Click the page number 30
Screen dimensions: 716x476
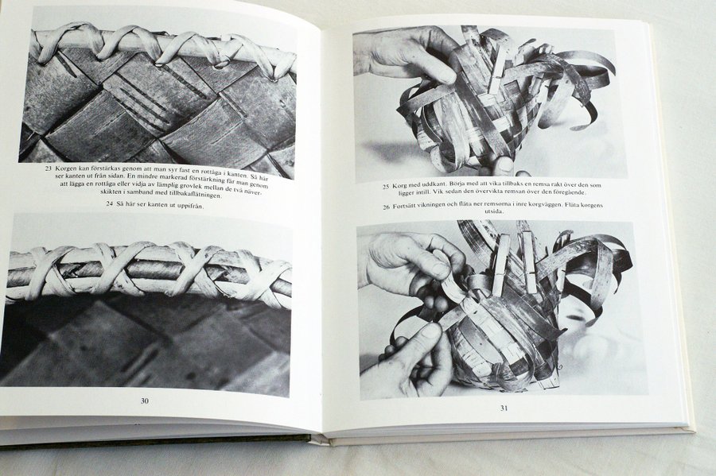click(x=144, y=401)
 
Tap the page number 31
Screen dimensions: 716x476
click(x=504, y=408)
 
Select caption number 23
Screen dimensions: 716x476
click(x=48, y=168)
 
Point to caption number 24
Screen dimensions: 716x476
click(x=109, y=203)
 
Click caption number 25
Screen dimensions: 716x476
click(x=386, y=187)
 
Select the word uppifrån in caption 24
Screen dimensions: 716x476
click(x=188, y=206)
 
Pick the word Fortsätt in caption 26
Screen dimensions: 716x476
click(x=406, y=207)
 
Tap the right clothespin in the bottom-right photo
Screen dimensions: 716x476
click(x=529, y=261)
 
